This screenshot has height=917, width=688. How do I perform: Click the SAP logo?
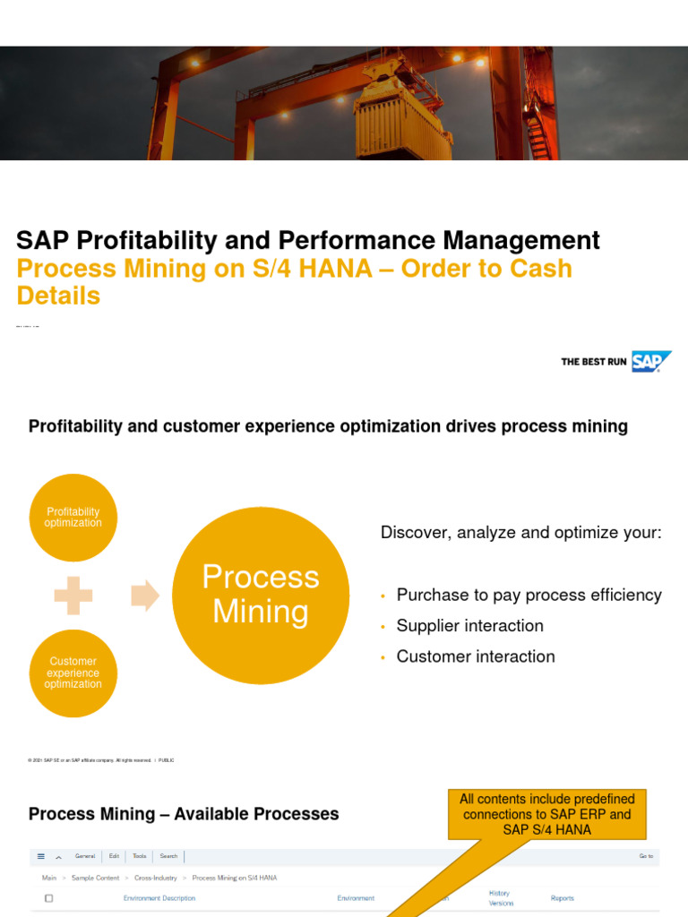click(x=651, y=362)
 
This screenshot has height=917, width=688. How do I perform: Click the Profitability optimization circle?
click(x=73, y=518)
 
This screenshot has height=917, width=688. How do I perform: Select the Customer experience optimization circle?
click(x=73, y=673)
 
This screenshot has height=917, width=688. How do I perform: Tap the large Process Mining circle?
click(x=260, y=595)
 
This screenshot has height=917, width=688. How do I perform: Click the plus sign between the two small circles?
click(x=73, y=596)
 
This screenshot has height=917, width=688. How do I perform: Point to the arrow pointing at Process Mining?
click(x=145, y=596)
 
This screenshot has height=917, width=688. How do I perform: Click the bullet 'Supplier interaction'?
click(x=469, y=626)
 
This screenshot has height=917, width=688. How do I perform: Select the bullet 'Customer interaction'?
click(x=475, y=656)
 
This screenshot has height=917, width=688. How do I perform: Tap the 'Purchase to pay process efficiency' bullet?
click(x=529, y=596)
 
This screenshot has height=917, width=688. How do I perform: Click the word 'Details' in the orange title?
click(x=58, y=296)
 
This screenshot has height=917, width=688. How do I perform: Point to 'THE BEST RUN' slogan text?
click(x=593, y=362)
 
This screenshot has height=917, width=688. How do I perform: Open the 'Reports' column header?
click(x=563, y=898)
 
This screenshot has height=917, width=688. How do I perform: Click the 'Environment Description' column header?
click(x=159, y=898)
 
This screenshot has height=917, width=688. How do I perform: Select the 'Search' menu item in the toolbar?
click(x=168, y=856)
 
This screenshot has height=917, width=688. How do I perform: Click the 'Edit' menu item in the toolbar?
click(x=115, y=856)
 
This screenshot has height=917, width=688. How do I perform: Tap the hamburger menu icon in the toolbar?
click(x=41, y=856)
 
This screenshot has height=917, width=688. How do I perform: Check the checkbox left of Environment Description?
click(x=48, y=898)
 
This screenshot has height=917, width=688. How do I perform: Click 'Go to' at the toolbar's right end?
click(x=646, y=856)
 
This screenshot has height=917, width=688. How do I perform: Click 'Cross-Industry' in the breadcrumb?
click(x=156, y=878)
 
